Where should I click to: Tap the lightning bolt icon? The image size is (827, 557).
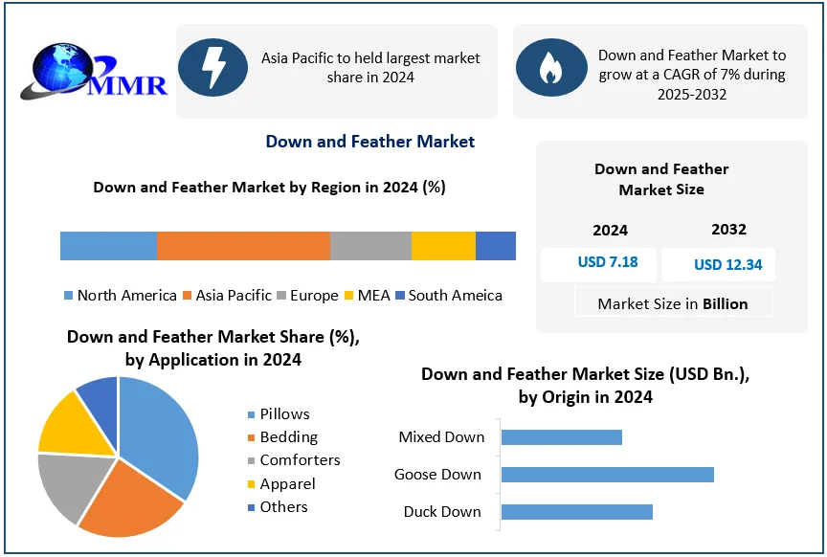(x=212, y=66)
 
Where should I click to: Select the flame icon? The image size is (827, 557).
(x=550, y=68)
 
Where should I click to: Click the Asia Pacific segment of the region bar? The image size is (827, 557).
(x=243, y=246)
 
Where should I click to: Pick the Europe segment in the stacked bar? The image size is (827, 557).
(x=370, y=246)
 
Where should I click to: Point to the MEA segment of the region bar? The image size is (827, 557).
(x=443, y=246)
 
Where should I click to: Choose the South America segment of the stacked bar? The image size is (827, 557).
(x=496, y=246)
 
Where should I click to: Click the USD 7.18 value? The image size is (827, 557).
(x=607, y=262)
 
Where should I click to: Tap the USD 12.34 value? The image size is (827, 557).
(x=727, y=264)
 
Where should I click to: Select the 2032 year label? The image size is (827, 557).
(x=728, y=230)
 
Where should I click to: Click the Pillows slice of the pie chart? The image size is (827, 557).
(x=163, y=431)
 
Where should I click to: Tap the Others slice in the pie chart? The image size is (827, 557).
(x=99, y=393)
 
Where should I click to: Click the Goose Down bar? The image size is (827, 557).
(x=607, y=475)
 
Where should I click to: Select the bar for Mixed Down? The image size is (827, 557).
(x=561, y=437)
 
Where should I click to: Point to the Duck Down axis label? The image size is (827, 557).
(x=441, y=512)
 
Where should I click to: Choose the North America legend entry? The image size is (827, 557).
(x=120, y=296)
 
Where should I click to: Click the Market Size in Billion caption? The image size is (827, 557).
(x=672, y=304)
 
